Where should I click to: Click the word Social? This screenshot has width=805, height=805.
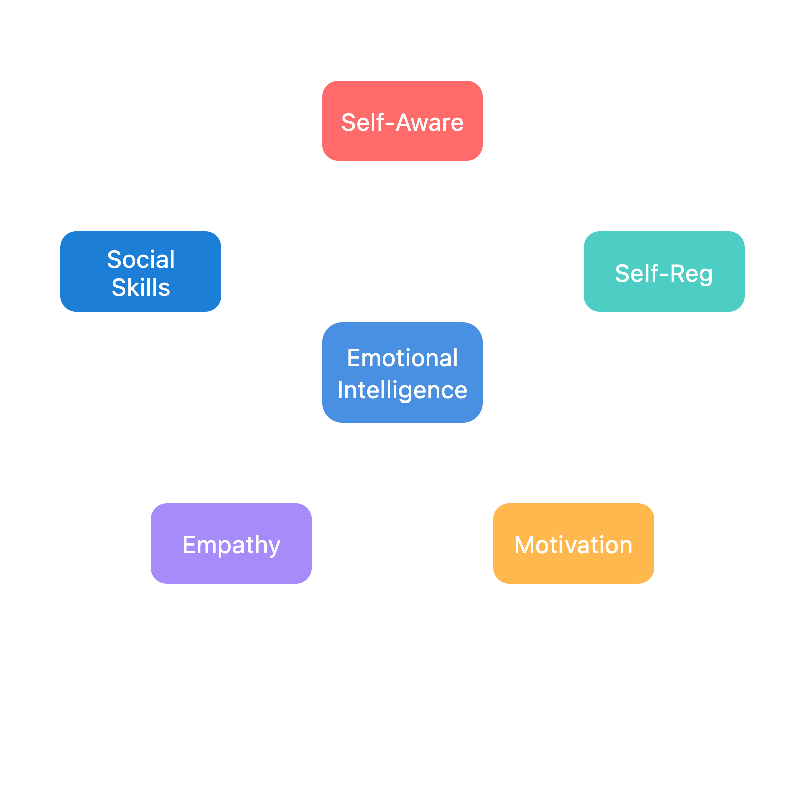click(x=141, y=260)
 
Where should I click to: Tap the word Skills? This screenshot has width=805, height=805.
click(x=141, y=288)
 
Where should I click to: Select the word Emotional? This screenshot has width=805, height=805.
click(x=403, y=358)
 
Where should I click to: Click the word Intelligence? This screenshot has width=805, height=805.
click(x=403, y=390)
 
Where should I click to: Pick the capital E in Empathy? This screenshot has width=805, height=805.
click(x=189, y=545)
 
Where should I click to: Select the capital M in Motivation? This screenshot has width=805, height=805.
click(x=524, y=545)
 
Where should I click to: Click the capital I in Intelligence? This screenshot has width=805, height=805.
click(x=340, y=390)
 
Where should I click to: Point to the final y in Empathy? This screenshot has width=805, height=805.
click(x=274, y=547)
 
